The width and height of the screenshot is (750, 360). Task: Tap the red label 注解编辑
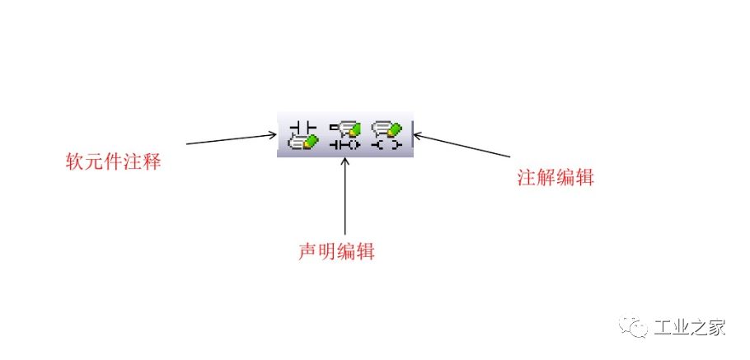coord(550,177)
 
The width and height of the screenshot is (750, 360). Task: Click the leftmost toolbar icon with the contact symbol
coord(302,135)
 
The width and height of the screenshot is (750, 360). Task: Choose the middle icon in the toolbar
coord(345,135)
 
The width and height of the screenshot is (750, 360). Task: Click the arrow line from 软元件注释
coord(231,138)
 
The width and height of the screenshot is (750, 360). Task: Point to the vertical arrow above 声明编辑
coord(345,198)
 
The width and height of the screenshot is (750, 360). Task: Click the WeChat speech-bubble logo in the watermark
coord(637,328)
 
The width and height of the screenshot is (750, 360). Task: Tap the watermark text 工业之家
coord(689,328)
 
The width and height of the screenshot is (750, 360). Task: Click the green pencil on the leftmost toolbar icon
coord(309,142)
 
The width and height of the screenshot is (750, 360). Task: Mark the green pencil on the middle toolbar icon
coord(354,129)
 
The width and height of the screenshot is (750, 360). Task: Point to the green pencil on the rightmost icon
coord(395,129)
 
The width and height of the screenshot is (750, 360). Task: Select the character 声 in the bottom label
coord(307,251)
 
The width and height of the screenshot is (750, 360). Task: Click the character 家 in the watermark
coord(716,328)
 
